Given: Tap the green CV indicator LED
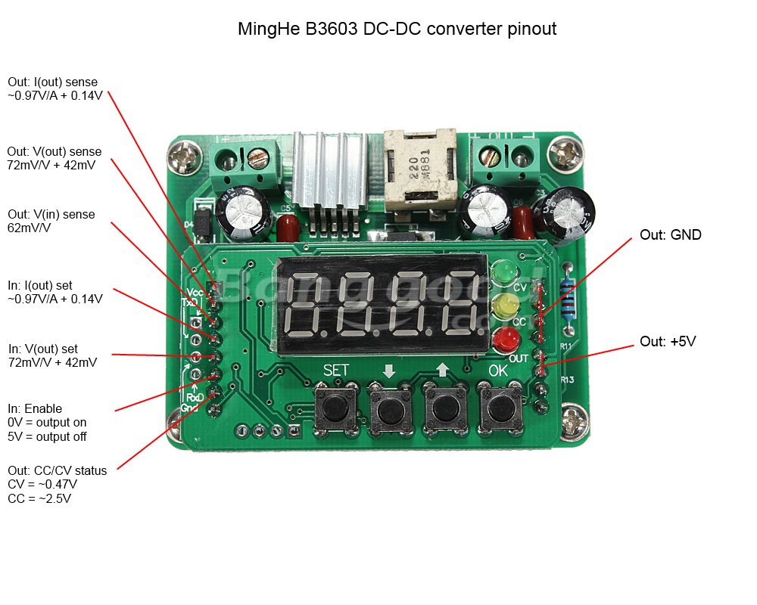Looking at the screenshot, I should coord(502,271).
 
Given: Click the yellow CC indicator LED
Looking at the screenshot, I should coord(502,306).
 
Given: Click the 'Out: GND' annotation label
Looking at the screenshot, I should coord(670,235).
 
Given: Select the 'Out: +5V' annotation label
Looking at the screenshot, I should coord(667,342).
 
